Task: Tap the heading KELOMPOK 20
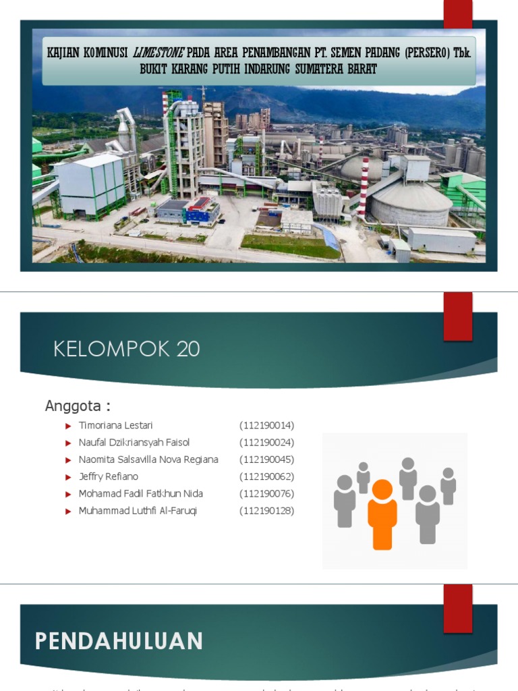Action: click(126, 349)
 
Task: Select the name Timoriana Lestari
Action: click(115, 425)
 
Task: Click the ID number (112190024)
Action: click(266, 443)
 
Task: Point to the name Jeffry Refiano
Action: click(109, 476)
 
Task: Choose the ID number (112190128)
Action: click(266, 511)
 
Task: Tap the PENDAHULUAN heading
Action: click(119, 641)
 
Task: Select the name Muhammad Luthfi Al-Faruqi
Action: click(138, 511)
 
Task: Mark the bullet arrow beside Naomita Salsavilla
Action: click(68, 460)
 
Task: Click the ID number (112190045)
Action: click(266, 460)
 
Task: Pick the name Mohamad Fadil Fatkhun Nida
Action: click(140, 494)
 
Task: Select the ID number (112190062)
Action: click(266, 476)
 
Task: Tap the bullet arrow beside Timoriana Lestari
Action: click(68, 426)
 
